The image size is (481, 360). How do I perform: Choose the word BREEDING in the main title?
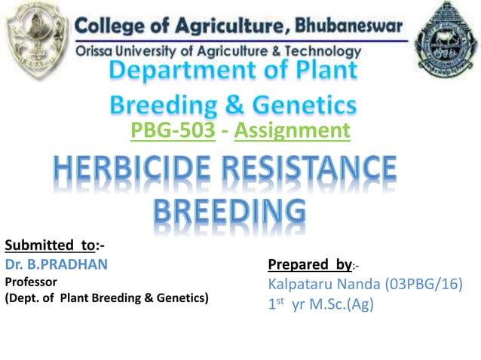(x=231, y=211)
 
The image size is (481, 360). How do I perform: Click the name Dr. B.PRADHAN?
(x=57, y=264)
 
